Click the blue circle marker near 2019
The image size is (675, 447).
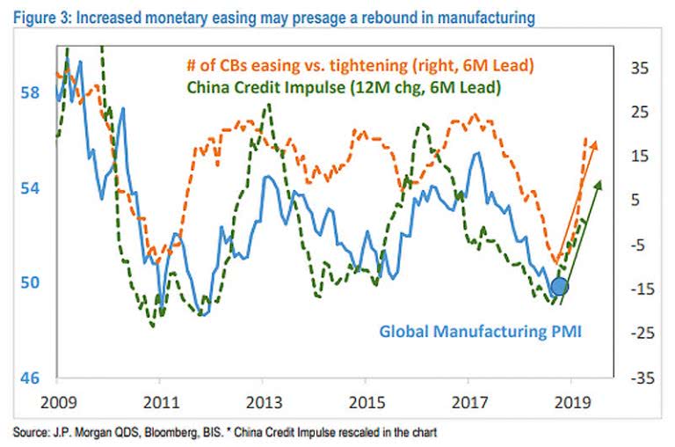[x=558, y=286]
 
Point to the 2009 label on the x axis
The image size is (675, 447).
[x=57, y=400]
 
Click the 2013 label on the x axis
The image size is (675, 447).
[x=263, y=400]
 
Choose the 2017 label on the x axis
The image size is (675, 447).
[x=468, y=400]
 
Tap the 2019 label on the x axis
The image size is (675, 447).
[x=570, y=400]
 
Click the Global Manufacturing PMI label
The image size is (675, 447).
[x=481, y=332]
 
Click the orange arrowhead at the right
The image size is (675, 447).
[x=594, y=145]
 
